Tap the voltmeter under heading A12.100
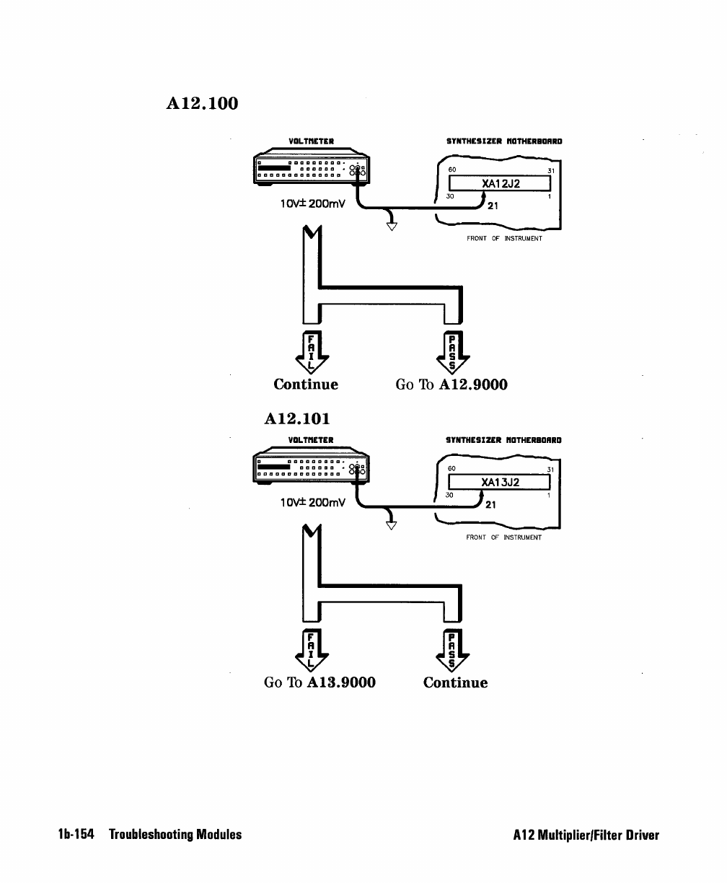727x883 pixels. (312, 167)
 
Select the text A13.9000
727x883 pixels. (341, 682)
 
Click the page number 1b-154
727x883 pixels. (76, 835)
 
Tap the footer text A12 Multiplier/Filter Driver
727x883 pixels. (586, 835)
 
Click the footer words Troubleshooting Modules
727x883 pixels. (175, 835)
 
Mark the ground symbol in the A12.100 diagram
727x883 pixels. (392, 226)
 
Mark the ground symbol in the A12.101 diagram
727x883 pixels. (391, 525)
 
